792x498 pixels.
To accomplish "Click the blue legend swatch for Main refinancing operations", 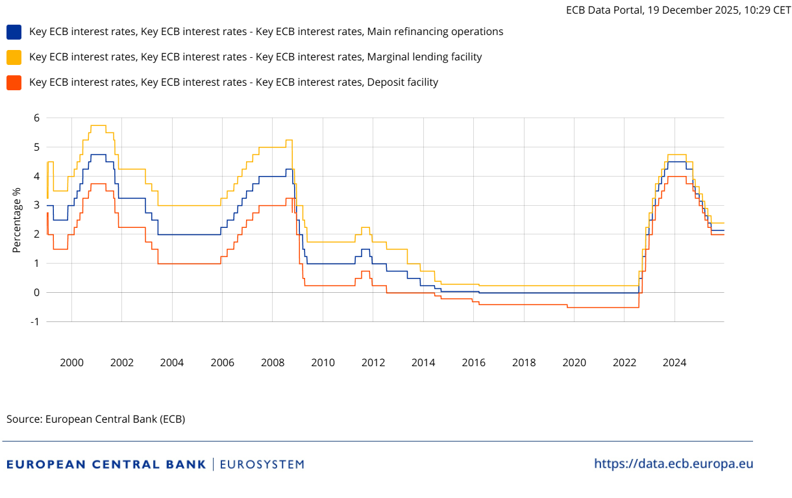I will pyautogui.click(x=14, y=32).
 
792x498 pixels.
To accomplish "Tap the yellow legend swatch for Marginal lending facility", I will pyautogui.click(x=14, y=57).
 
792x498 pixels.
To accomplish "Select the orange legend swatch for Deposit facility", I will pyautogui.click(x=14, y=82).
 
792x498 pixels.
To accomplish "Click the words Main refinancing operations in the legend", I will pyautogui.click(x=435, y=32).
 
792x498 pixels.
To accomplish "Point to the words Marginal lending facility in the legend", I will pyautogui.click(x=425, y=57).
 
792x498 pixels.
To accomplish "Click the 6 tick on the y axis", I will pyautogui.click(x=37, y=118).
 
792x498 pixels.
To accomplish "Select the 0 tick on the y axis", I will pyautogui.click(x=37, y=293).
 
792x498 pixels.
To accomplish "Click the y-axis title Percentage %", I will pyautogui.click(x=17, y=220).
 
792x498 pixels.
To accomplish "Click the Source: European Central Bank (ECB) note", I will pyautogui.click(x=96, y=419).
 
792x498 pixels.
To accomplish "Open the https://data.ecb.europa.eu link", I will pyautogui.click(x=674, y=464).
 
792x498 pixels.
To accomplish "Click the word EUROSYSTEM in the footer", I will pyautogui.click(x=262, y=464).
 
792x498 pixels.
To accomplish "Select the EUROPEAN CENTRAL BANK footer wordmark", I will pyautogui.click(x=106, y=464).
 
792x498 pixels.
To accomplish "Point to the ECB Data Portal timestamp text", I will pyautogui.click(x=678, y=10).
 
